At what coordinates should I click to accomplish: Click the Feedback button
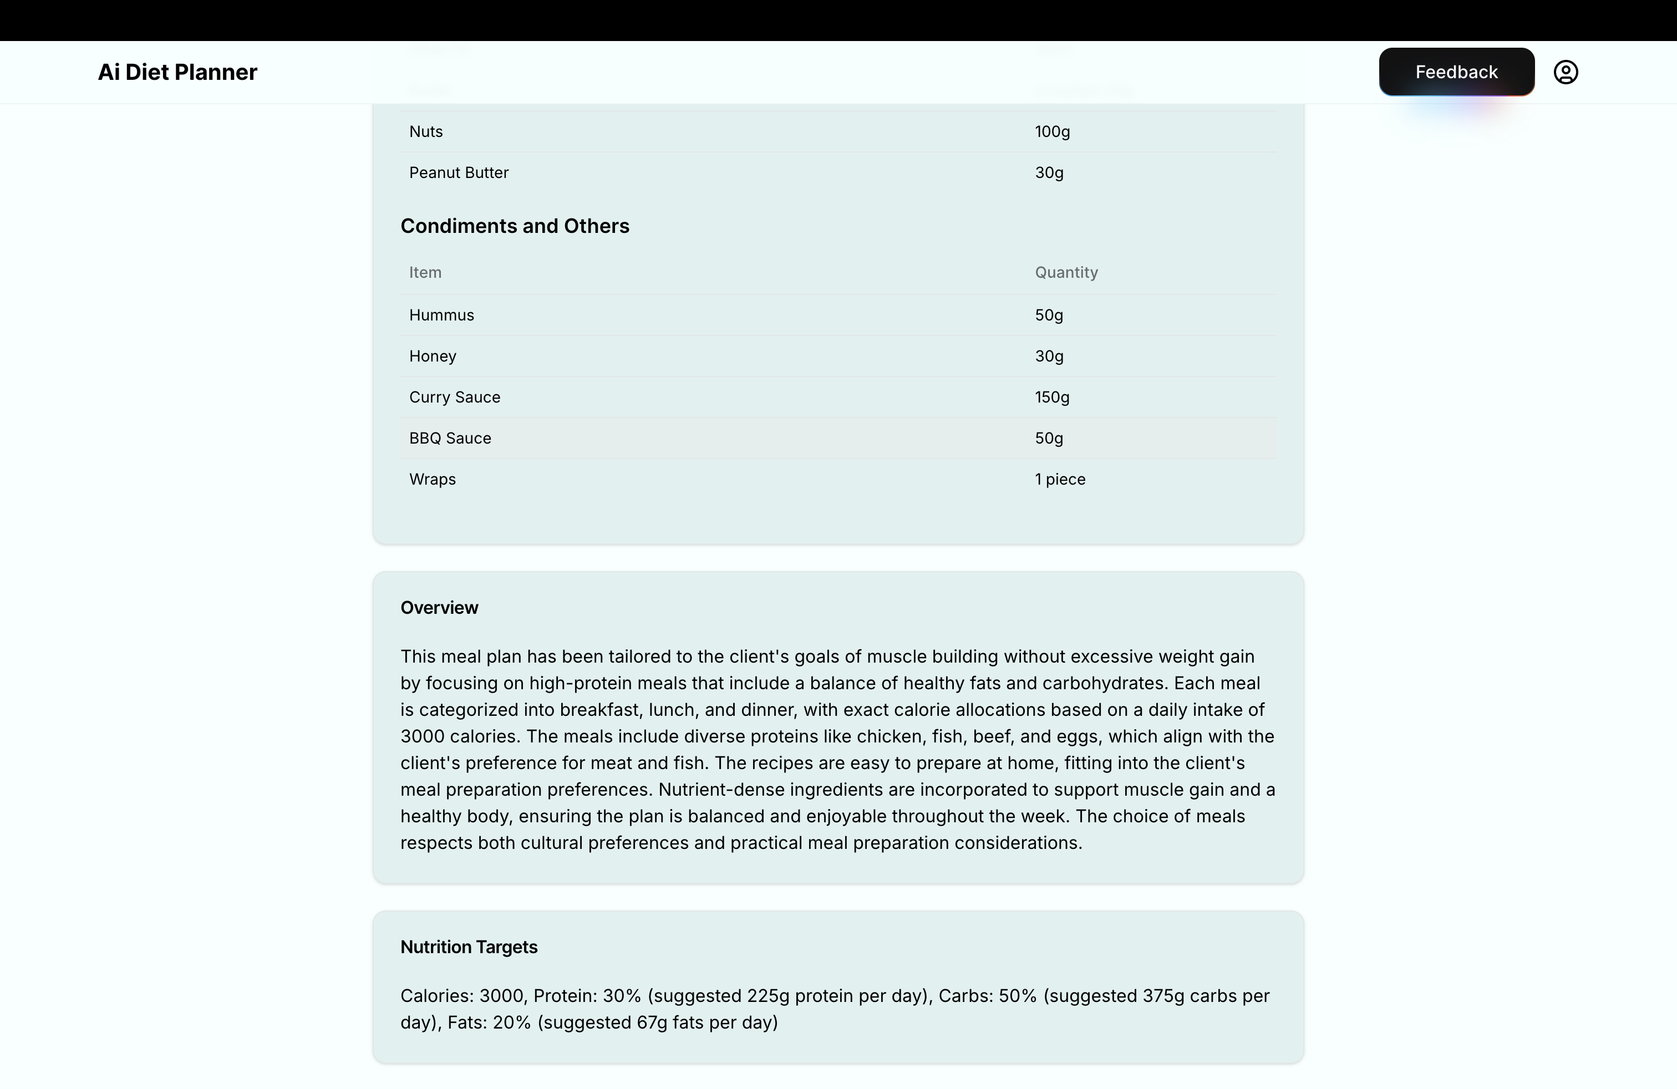(1456, 72)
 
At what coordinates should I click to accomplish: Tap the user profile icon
(1565, 72)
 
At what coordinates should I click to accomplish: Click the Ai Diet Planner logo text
(177, 72)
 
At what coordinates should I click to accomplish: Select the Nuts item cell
(426, 132)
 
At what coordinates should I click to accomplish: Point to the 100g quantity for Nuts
(1052, 132)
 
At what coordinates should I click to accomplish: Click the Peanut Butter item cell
(459, 172)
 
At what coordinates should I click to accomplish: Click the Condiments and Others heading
(515, 226)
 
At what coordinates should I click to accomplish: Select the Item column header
(425, 273)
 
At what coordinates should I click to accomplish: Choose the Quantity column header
(1066, 273)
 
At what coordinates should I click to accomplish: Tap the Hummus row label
(442, 315)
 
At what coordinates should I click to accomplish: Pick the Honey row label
(433, 357)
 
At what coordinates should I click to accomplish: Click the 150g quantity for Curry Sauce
(1052, 397)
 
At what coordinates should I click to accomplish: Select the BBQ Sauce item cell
(450, 438)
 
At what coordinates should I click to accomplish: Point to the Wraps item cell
(433, 479)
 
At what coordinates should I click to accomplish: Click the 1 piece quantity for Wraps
(1060, 479)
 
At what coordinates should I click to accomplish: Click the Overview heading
(439, 608)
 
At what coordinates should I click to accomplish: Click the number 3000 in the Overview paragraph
(422, 737)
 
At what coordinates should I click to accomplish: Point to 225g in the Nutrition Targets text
(768, 996)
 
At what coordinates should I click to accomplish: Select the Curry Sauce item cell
(455, 397)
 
